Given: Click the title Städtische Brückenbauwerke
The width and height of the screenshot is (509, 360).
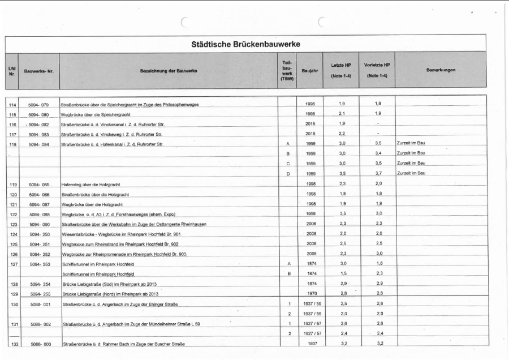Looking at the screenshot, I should click(245, 44).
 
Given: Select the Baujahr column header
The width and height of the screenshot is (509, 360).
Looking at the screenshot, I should click(309, 70).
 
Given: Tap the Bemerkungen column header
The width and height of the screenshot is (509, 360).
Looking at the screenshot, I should click(441, 70).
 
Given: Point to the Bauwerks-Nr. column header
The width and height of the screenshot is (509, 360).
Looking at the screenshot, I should click(38, 71).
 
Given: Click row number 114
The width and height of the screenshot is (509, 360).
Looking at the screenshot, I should click(12, 105).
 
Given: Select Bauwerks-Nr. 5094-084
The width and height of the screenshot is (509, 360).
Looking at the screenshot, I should click(38, 144).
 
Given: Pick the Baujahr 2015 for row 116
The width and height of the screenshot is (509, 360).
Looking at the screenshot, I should click(310, 123).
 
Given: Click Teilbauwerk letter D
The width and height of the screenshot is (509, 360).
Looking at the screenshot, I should click(288, 173).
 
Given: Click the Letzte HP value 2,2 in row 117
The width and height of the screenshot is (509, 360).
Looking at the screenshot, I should click(342, 134).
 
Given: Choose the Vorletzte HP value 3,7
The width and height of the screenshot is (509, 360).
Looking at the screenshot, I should click(378, 173).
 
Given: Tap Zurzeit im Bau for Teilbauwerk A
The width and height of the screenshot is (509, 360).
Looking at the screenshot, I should click(411, 143).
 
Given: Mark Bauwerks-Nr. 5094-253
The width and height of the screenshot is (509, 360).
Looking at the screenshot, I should click(38, 264).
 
